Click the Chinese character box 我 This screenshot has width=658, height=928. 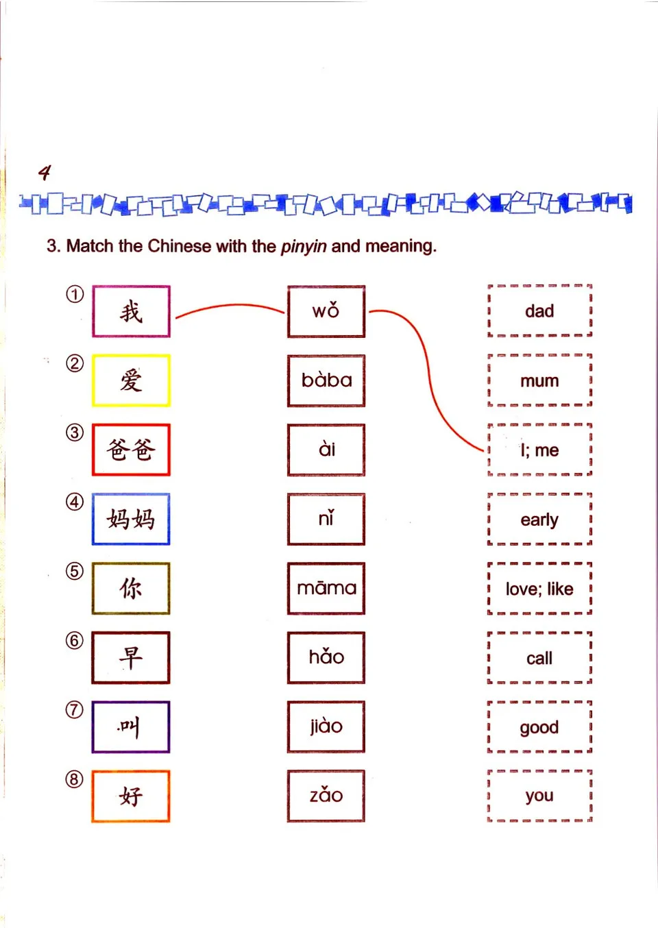click(131, 311)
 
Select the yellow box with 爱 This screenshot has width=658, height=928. click(131, 380)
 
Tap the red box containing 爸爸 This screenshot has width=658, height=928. click(131, 450)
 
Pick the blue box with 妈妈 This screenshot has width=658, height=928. click(131, 519)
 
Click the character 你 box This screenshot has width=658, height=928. click(131, 588)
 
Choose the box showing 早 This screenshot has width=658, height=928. click(131, 657)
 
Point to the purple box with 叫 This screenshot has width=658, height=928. click(131, 726)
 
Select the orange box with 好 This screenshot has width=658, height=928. click(131, 796)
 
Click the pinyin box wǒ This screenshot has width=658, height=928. click(326, 311)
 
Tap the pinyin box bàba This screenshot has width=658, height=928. click(326, 380)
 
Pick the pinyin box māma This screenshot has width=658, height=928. click(326, 588)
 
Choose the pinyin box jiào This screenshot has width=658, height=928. click(326, 726)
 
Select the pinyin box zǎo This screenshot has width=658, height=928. click(326, 796)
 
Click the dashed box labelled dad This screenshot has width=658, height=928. click(539, 311)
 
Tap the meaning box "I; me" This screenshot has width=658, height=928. click(539, 450)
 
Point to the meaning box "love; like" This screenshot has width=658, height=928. click(539, 589)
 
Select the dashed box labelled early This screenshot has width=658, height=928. click(539, 520)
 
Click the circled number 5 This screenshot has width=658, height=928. click(74, 571)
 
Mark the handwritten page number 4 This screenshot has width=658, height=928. click(45, 172)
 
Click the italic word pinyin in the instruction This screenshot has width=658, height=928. click(304, 246)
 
